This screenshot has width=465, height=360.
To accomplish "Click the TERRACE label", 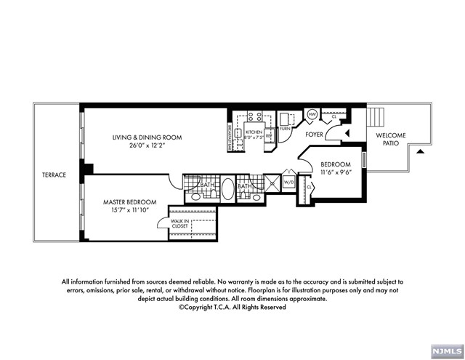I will pos(54,175).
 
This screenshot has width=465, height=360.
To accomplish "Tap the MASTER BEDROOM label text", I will pos(131,201).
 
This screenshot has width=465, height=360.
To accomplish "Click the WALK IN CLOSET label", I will pos(179,223).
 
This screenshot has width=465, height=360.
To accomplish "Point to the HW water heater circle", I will pos(312,115).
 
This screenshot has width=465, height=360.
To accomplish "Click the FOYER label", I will pos(314,135).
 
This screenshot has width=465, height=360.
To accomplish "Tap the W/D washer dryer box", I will pos(288,183).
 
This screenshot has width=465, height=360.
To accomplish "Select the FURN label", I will pos(286,128).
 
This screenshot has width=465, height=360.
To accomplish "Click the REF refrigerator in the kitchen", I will pos(268,136).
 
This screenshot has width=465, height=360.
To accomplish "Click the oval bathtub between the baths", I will pos(227,191).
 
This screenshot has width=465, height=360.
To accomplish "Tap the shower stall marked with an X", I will pos(271,184).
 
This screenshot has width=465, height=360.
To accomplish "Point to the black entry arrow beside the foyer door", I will pos(346,132).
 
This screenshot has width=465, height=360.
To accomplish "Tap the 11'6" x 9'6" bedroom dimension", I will pos(335,172).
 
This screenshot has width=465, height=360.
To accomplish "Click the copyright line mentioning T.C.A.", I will pos(232,307).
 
